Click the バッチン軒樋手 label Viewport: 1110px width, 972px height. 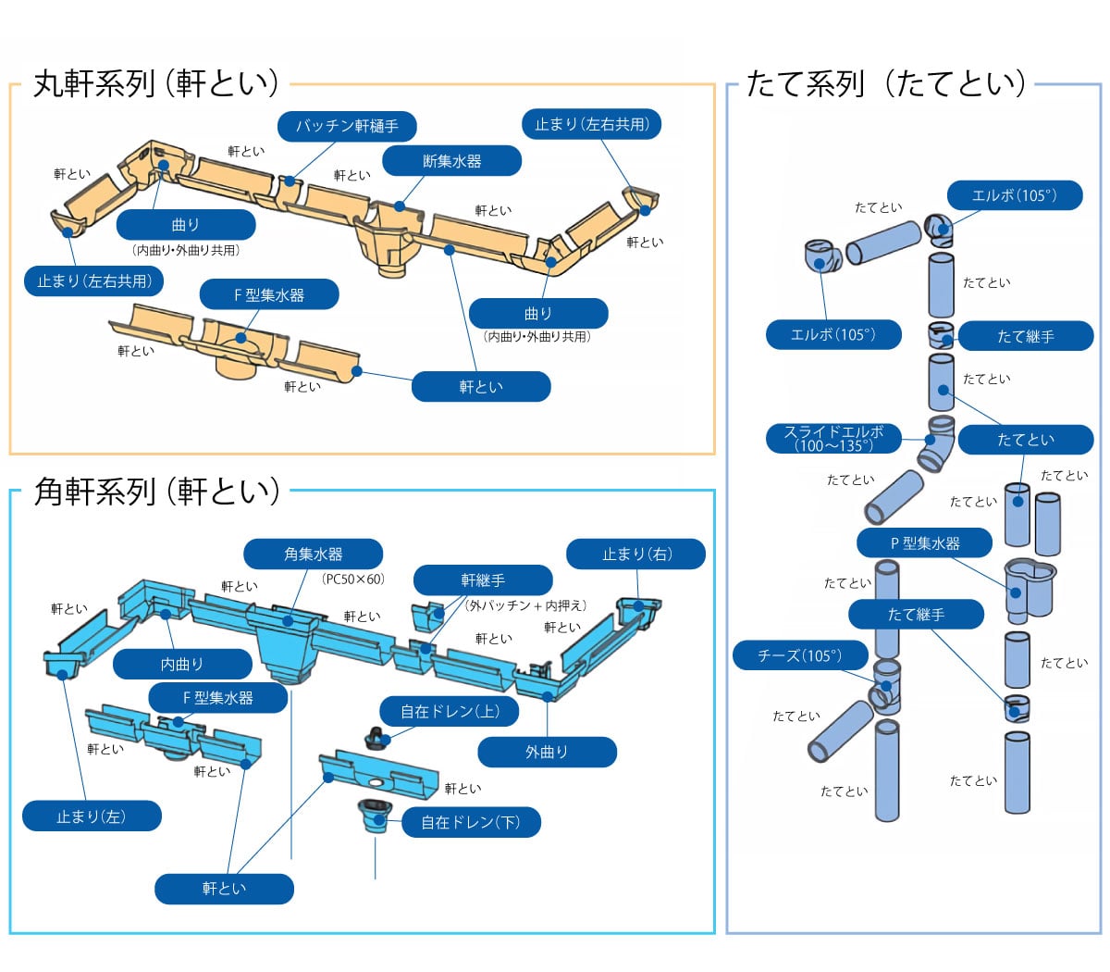[x=347, y=126]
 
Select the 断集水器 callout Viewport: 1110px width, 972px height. [x=451, y=161]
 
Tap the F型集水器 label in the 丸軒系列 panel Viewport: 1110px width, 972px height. [x=269, y=295]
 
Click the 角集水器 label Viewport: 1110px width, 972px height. [x=313, y=555]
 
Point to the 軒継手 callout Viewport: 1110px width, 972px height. [x=483, y=580]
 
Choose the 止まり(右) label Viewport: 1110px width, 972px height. [x=636, y=555]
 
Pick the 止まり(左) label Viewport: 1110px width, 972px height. [x=91, y=816]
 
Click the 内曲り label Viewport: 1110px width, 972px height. [x=182, y=664]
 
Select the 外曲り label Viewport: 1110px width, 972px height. [x=547, y=752]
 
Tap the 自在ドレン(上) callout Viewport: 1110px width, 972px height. [x=450, y=711]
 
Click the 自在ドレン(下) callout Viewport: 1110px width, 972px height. [x=471, y=822]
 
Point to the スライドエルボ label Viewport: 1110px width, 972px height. [x=833, y=438]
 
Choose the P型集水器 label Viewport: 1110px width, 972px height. [x=925, y=543]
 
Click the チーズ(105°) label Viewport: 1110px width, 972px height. [x=800, y=655]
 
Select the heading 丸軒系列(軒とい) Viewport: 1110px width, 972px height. [x=156, y=83]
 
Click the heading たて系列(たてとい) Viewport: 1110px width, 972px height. [x=885, y=83]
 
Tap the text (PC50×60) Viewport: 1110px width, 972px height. [x=352, y=579]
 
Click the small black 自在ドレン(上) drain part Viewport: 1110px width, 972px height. [x=376, y=739]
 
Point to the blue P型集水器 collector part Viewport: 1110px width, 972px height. [x=1030, y=586]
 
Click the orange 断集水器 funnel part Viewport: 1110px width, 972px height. [x=388, y=245]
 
